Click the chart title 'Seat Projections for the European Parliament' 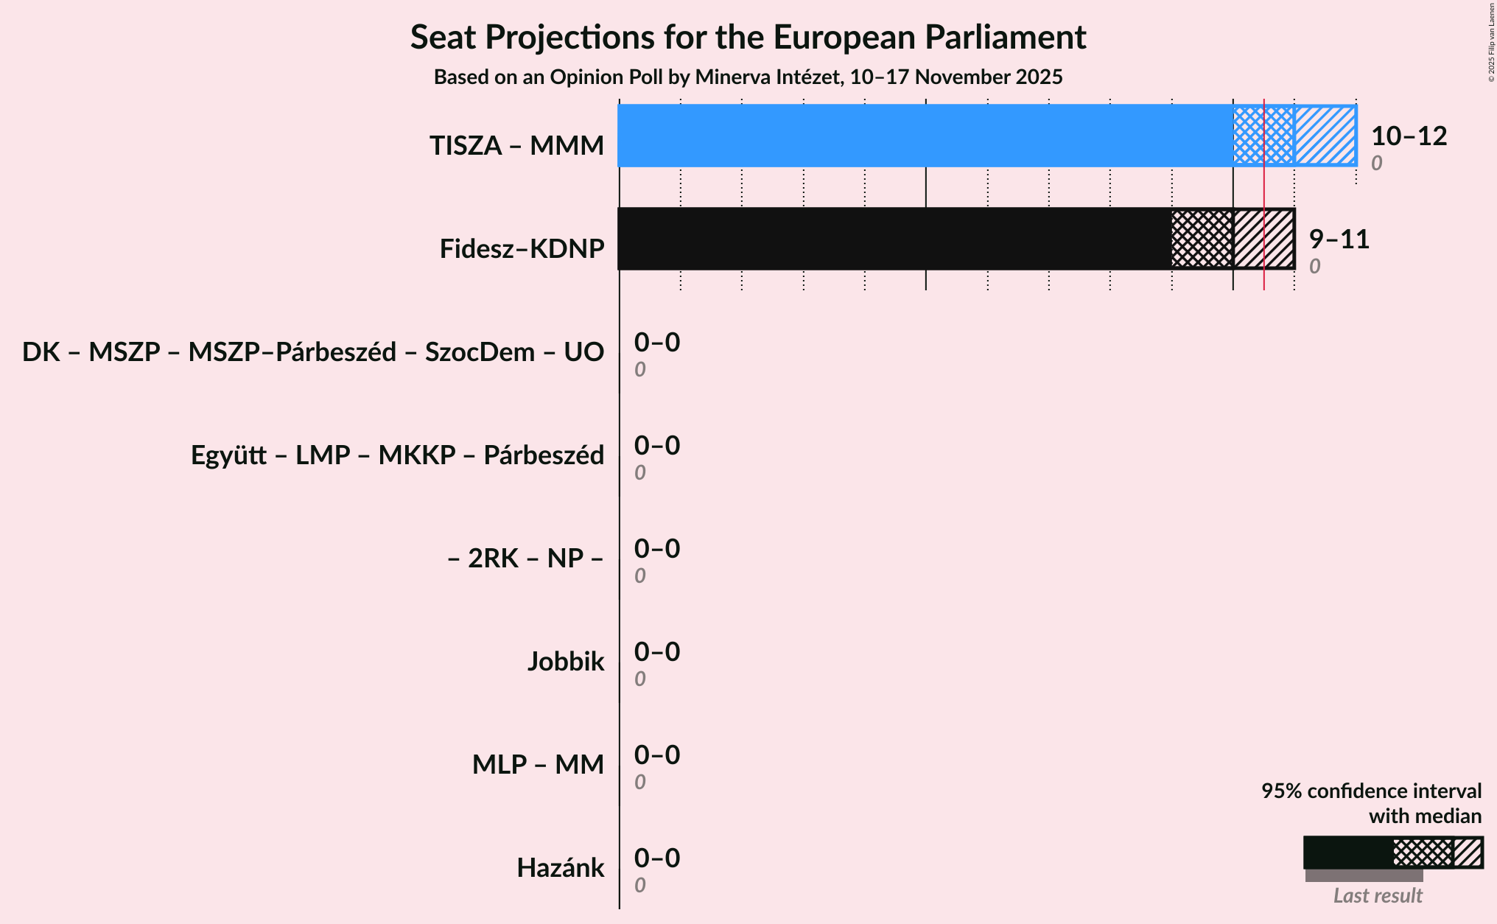[x=748, y=38]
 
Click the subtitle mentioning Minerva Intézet [x=748, y=77]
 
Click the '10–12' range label [x=1409, y=136]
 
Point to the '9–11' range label [x=1339, y=239]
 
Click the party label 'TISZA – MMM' [x=516, y=146]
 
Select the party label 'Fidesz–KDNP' [x=522, y=249]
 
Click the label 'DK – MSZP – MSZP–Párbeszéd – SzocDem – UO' [x=313, y=352]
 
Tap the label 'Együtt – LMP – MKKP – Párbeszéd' [x=397, y=455]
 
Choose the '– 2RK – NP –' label [x=525, y=559]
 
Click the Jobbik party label [x=565, y=662]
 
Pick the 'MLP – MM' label [x=538, y=765]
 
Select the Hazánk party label [x=560, y=868]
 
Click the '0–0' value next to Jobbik [x=657, y=652]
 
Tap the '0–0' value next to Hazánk [x=657, y=858]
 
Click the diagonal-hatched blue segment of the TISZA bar [x=1325, y=136]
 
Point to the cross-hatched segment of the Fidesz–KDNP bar [x=1202, y=239]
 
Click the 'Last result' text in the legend [x=1378, y=896]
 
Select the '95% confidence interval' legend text [x=1371, y=791]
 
